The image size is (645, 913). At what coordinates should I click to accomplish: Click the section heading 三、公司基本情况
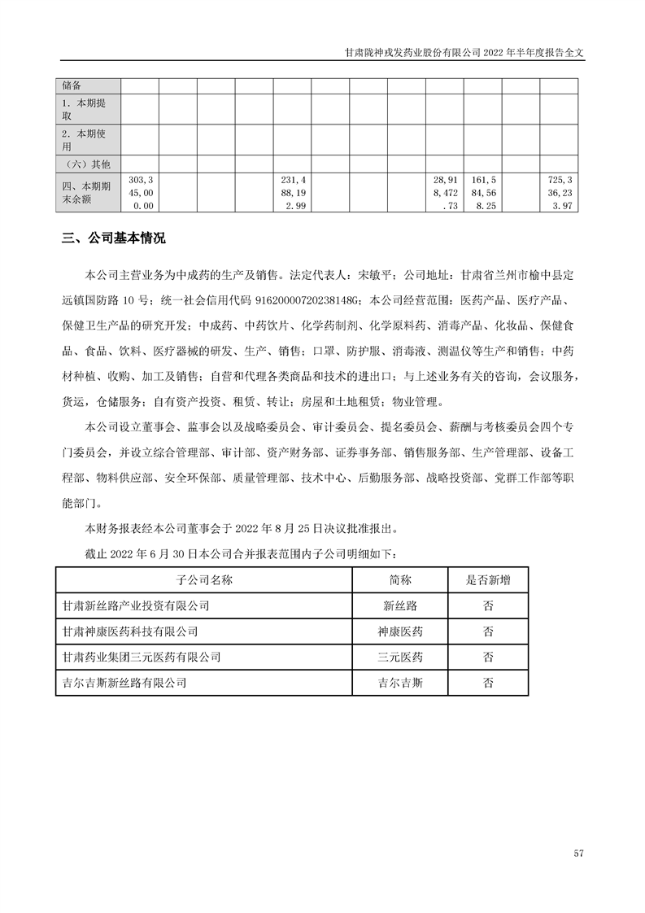point(114,239)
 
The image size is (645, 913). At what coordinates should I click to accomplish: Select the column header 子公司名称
point(203,580)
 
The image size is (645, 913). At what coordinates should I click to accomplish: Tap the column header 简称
point(400,580)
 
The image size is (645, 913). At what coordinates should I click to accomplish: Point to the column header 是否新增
point(488,580)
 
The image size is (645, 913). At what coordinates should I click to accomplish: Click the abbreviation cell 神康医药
point(400,631)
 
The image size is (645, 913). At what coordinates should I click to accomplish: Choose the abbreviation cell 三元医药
point(400,657)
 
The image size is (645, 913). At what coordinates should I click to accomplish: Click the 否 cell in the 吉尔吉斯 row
point(488,683)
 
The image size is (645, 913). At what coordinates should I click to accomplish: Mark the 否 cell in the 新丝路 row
point(488,605)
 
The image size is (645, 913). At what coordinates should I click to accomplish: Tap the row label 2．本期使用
point(88,139)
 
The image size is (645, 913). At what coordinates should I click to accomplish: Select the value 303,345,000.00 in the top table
point(140,193)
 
